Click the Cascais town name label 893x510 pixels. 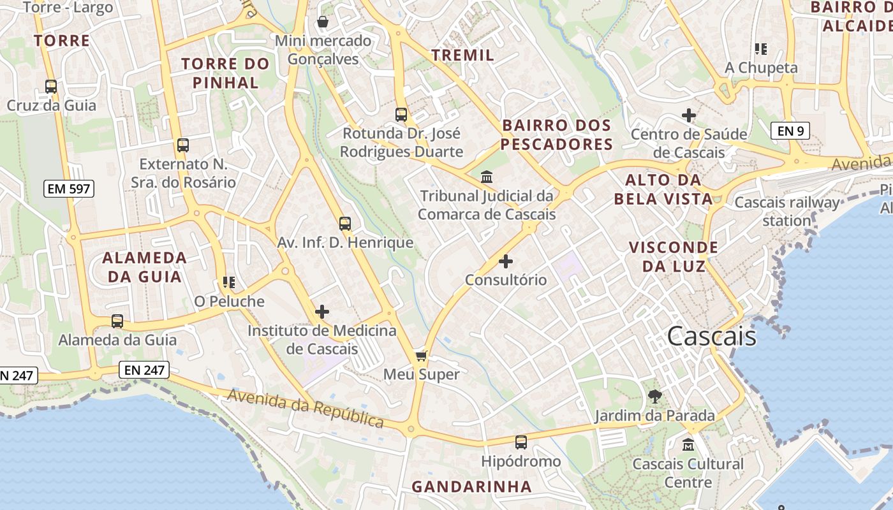coord(712,337)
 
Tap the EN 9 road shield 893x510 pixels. coord(790,131)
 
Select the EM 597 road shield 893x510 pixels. coord(69,189)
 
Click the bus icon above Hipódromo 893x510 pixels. coord(521,442)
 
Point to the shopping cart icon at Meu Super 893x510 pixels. coord(421,355)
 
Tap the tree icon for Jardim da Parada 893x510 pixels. coord(654,397)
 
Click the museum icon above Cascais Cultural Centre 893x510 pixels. coord(688,444)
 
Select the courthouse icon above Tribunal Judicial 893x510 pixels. coord(487,176)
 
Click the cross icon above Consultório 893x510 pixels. coord(506,261)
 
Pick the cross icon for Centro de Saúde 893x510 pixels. coord(688,115)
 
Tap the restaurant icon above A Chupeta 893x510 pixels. coord(760,48)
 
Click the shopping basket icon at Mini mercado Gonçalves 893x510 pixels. coord(323,22)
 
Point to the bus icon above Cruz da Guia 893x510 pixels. coord(51,86)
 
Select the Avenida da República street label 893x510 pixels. coord(306,408)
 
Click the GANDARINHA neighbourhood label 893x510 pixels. coord(471,486)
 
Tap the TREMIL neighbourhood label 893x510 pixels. coord(463,55)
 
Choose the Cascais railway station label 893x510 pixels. coord(787,212)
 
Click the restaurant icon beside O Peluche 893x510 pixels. coord(228,282)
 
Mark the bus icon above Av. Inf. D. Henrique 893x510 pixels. coord(345,224)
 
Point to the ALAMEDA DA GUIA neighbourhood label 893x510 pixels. coord(145,267)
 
